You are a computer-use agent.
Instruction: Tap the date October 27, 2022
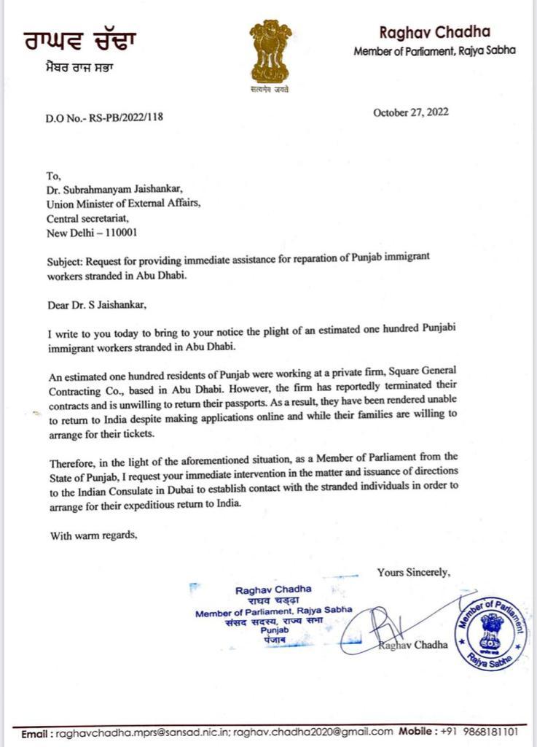tap(410, 112)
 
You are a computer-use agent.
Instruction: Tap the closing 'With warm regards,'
tap(94, 535)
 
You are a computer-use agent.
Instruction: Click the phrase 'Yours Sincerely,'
tap(413, 573)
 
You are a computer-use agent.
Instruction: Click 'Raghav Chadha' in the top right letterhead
tap(434, 31)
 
